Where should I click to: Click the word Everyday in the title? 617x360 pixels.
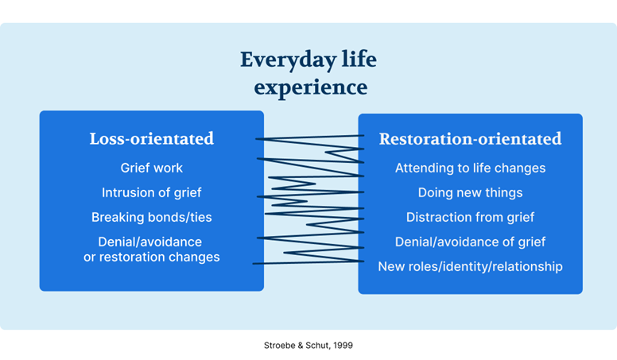[x=288, y=60]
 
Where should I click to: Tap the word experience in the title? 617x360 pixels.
[x=310, y=87]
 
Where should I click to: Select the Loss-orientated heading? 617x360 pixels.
[x=152, y=138]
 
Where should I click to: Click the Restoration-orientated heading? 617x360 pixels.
[x=470, y=139]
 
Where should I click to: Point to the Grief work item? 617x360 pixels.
[x=152, y=168]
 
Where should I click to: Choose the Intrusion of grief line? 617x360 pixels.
[x=152, y=192]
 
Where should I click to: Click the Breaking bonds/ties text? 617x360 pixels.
[x=152, y=217]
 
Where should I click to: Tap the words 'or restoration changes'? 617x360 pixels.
[x=152, y=257]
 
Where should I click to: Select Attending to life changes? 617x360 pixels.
[x=470, y=168]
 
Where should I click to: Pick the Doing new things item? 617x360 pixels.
[x=470, y=192]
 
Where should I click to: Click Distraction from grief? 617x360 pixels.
[x=470, y=217]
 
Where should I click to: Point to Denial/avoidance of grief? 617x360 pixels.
[x=470, y=242]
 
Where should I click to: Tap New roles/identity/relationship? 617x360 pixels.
[x=470, y=266]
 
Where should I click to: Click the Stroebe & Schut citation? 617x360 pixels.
[x=308, y=346]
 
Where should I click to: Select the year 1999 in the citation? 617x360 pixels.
[x=343, y=346]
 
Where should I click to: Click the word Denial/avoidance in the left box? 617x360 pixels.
[x=150, y=242]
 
